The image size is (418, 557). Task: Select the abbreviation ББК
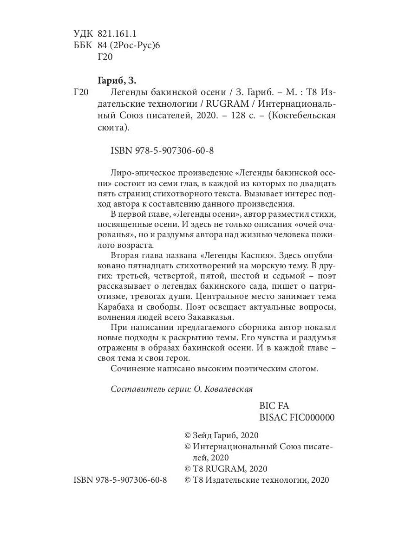click(x=83, y=45)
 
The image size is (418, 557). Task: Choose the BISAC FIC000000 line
click(x=296, y=417)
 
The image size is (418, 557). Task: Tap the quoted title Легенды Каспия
click(x=237, y=255)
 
